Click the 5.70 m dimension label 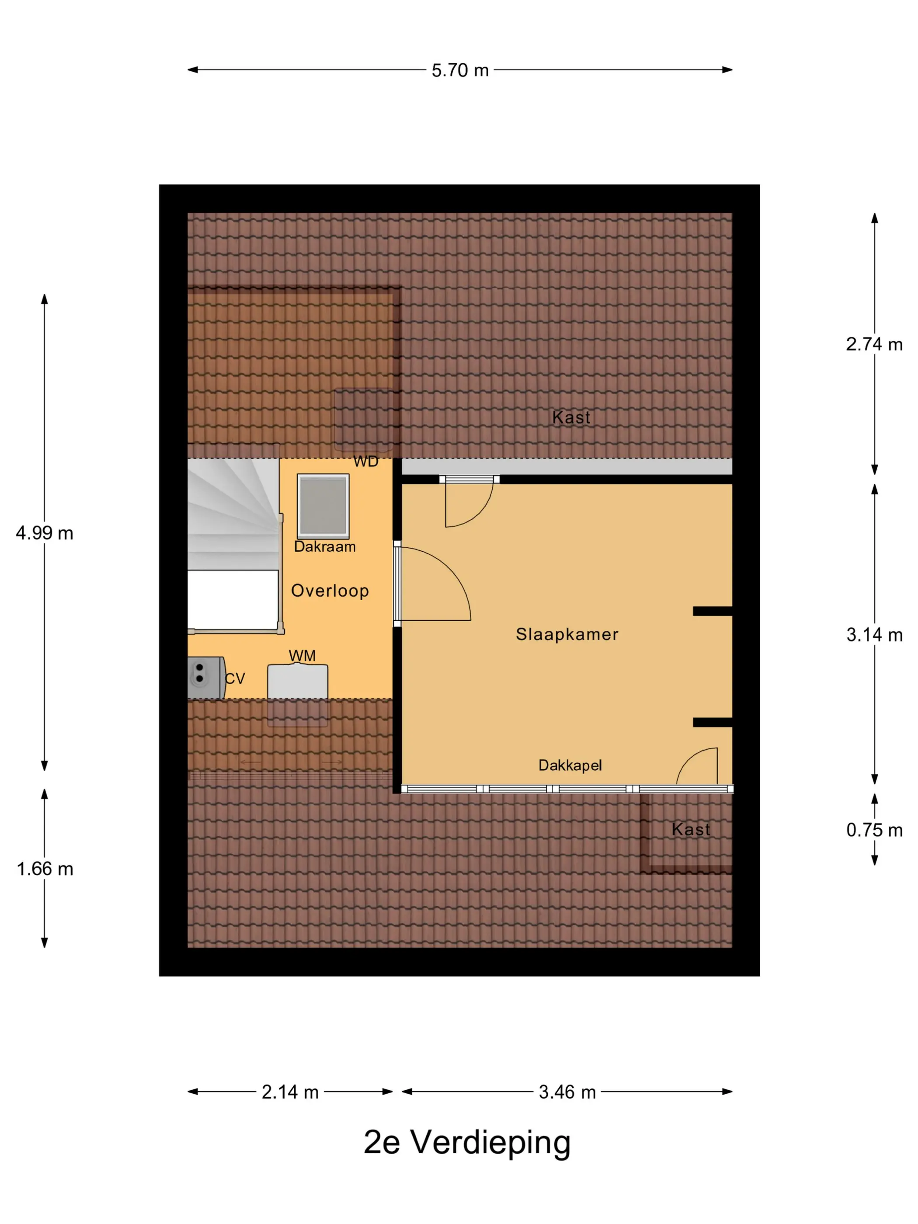point(460,70)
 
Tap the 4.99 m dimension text point(44,533)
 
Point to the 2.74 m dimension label point(874,344)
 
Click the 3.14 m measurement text point(874,635)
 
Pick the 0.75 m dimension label point(874,830)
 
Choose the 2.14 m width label point(290,1092)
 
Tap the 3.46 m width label point(567,1092)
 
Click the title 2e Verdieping point(467,1143)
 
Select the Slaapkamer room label point(567,634)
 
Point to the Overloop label point(330,591)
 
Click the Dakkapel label point(570,765)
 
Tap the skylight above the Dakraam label point(323,506)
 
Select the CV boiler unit point(206,678)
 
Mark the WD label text point(366,462)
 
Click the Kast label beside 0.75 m point(691,829)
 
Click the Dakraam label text point(325,547)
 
